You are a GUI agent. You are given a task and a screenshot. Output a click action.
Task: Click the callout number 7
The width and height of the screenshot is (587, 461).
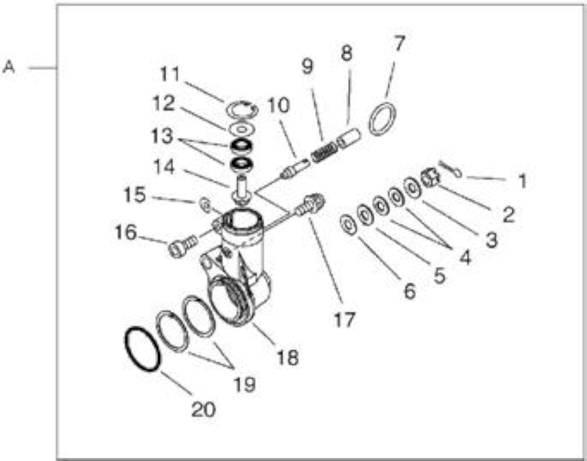tap(400, 43)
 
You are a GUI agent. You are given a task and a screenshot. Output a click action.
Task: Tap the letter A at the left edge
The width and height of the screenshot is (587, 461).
tap(9, 67)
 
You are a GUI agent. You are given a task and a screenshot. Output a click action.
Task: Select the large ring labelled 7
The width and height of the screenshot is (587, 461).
tap(382, 119)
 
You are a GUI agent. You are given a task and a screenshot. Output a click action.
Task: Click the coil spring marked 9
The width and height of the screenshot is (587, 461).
tap(324, 153)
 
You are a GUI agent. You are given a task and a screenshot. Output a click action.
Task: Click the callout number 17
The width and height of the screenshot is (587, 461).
tap(344, 319)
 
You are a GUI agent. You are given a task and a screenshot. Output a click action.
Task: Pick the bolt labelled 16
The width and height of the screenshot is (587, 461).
tap(182, 246)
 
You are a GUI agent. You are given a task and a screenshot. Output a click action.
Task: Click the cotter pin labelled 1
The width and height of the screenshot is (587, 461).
tap(450, 172)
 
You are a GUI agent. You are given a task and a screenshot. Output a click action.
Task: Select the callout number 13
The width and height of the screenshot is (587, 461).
tap(162, 136)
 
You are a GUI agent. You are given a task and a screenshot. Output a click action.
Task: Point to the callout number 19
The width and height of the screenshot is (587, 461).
tap(244, 384)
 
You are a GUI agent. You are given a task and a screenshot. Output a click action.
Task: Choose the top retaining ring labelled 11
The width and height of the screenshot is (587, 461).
tap(242, 110)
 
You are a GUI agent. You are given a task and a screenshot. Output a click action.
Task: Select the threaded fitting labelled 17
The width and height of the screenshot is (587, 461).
tap(311, 205)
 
